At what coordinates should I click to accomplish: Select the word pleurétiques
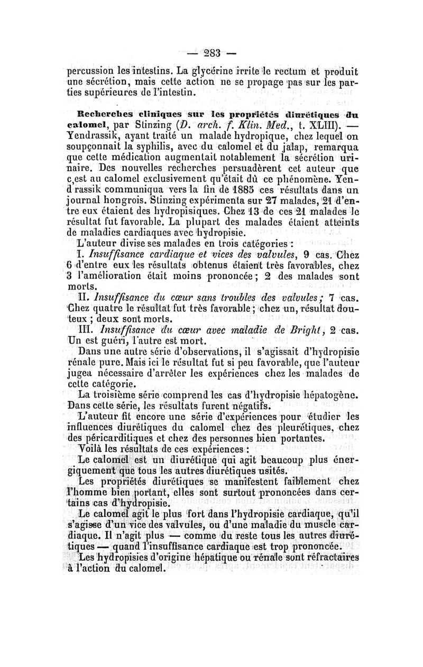tap(300, 428)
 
